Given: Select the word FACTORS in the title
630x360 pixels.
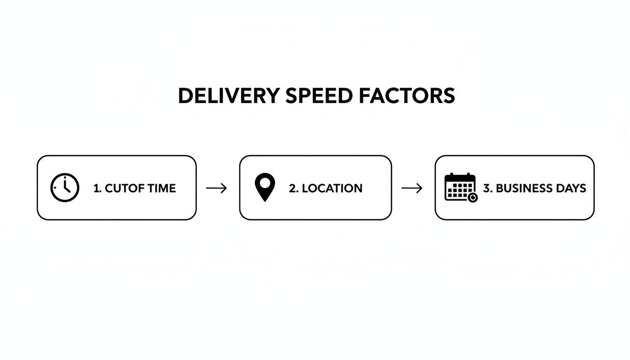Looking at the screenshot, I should click(406, 96).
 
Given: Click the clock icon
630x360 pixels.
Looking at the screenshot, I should click(65, 188).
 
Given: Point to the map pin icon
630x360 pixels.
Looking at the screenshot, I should click(265, 187).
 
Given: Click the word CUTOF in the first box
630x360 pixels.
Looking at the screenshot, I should click(119, 188).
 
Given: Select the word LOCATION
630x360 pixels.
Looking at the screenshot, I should click(332, 188).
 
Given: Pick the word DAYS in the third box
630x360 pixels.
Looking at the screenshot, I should click(572, 188).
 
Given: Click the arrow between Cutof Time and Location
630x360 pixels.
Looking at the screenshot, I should click(217, 188).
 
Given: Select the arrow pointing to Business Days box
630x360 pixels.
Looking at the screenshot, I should click(412, 188).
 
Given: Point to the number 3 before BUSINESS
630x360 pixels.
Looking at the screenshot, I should click(487, 188).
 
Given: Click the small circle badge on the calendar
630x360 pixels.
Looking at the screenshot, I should click(472, 197).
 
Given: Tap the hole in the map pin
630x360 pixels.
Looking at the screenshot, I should click(265, 182).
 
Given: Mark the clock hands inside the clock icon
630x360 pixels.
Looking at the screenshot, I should click(66, 186).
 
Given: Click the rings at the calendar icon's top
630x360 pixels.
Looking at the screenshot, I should click(460, 175).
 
